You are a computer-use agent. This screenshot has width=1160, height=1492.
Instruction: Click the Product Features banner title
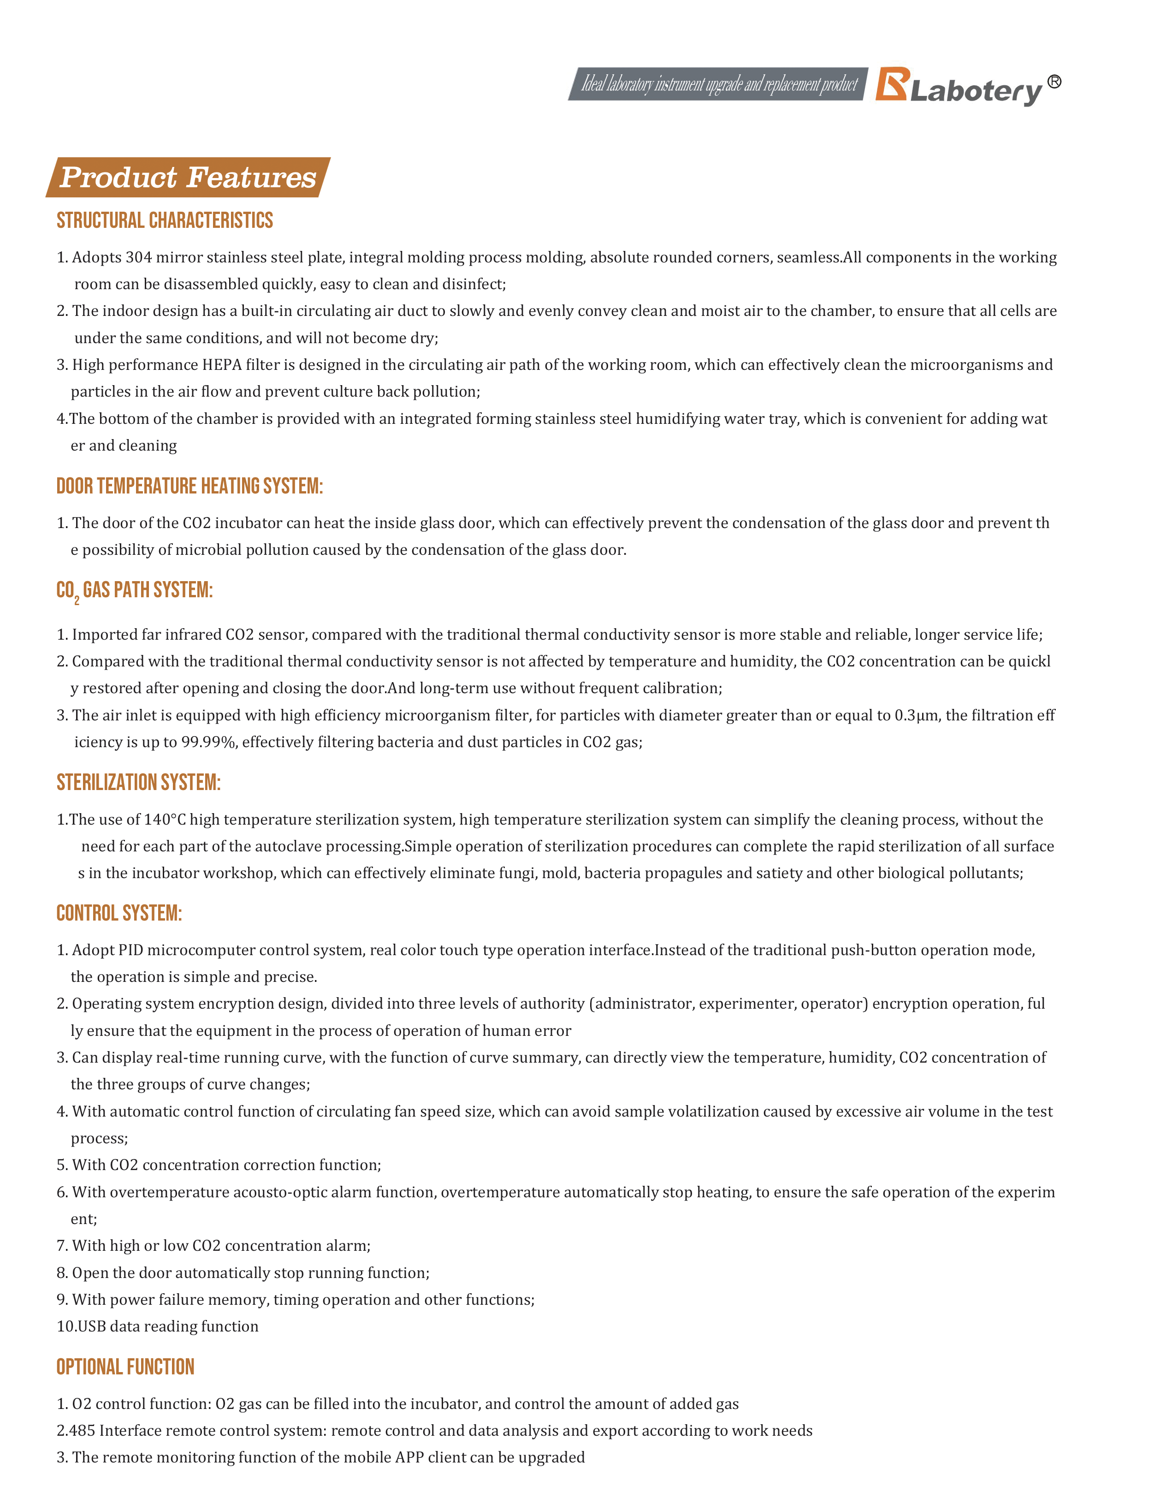pos(188,178)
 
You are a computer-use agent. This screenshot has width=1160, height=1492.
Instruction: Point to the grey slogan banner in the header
pos(718,84)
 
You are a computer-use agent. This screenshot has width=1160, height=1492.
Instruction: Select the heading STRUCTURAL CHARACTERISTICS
pos(165,220)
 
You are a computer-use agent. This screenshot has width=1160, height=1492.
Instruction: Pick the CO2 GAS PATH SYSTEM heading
pos(135,590)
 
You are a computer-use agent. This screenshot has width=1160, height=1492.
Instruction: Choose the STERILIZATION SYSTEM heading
pos(139,783)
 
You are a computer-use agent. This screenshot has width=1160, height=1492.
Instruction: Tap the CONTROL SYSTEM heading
pos(119,913)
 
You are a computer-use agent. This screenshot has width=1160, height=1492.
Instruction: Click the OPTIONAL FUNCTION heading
pos(125,1367)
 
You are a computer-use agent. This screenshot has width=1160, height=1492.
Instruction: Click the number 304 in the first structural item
pos(139,257)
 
